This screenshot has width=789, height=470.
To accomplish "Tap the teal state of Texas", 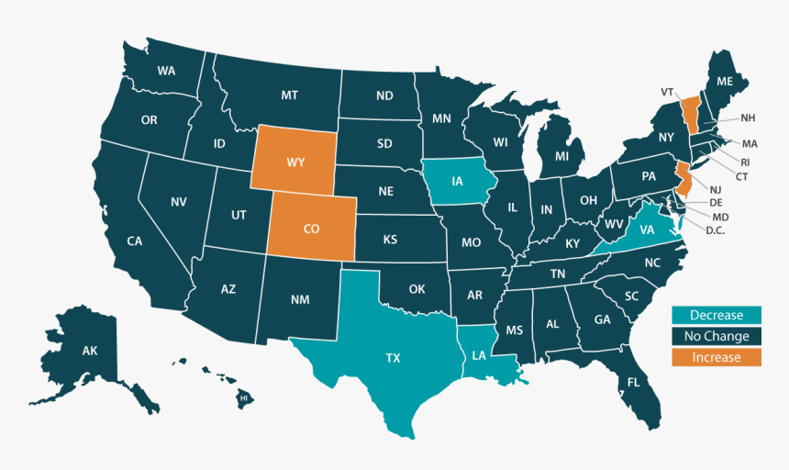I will (392, 358).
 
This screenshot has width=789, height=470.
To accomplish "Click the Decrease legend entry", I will (717, 315).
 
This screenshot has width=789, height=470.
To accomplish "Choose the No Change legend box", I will (717, 336).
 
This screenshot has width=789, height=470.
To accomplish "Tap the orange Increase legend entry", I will (717, 357).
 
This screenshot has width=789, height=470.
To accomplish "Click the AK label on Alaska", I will (90, 351).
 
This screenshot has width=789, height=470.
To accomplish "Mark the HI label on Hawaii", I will (244, 399).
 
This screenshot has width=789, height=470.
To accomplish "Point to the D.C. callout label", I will (716, 230).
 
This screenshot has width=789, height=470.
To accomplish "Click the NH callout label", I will (748, 118).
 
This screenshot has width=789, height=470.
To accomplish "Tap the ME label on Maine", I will (725, 82).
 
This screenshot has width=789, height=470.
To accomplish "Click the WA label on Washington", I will (166, 71).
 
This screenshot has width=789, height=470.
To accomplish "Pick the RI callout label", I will (744, 162).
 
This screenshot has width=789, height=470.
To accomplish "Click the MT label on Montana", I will (290, 95).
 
